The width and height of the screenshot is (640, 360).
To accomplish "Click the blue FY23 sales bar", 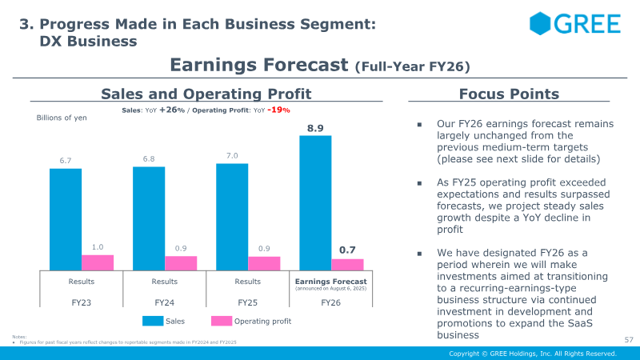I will pyautogui.click(x=65, y=219).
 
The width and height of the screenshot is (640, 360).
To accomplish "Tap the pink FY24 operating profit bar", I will pyautogui.click(x=181, y=262).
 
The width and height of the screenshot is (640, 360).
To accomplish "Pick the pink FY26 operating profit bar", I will pyautogui.click(x=347, y=264).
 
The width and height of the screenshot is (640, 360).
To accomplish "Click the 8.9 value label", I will pyautogui.click(x=315, y=127).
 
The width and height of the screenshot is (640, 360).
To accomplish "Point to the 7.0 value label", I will pyautogui.click(x=232, y=155).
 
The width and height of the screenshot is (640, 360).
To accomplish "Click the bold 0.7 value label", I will pyautogui.click(x=347, y=250).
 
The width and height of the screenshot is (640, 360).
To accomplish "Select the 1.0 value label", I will pyautogui.click(x=98, y=247).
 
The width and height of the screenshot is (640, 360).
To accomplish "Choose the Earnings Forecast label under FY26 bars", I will pyautogui.click(x=331, y=282).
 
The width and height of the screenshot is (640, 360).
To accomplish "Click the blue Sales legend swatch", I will pyautogui.click(x=153, y=321).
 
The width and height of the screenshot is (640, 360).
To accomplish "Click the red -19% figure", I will pyautogui.click(x=278, y=110).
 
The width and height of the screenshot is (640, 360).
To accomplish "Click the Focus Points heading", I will pyautogui.click(x=509, y=94).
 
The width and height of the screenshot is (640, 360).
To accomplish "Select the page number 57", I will pyautogui.click(x=628, y=340).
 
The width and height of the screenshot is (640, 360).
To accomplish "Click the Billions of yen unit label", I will pyautogui.click(x=62, y=118).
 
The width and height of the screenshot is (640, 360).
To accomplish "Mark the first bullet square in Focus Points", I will pyautogui.click(x=418, y=125).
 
